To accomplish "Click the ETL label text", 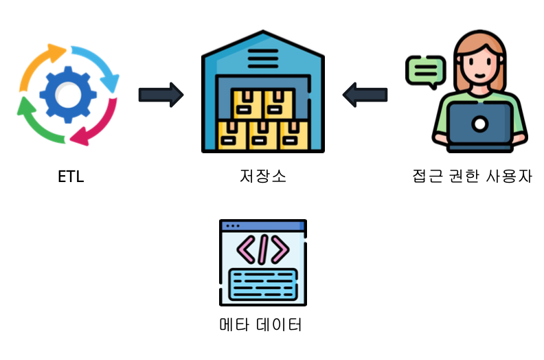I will (71, 177).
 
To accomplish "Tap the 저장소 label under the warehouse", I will (263, 177).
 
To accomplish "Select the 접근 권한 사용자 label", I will (472, 177).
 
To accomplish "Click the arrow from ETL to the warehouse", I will (161, 94).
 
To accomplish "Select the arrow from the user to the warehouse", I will (365, 94).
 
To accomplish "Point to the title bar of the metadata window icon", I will (262, 225).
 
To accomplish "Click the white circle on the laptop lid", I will (480, 124).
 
